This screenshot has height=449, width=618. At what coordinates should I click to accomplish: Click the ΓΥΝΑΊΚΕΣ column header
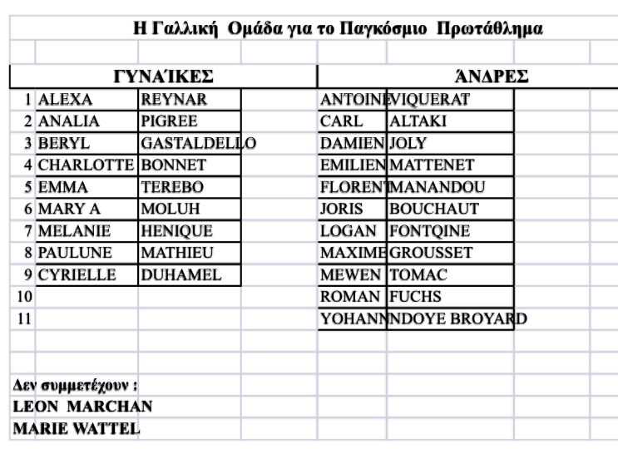(x=163, y=77)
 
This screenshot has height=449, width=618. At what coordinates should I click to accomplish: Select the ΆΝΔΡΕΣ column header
(x=492, y=77)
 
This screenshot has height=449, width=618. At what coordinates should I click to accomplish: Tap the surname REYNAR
(x=174, y=100)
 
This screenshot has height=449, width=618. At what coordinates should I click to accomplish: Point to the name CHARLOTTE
(x=86, y=165)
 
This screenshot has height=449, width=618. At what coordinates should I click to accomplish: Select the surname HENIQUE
(x=176, y=230)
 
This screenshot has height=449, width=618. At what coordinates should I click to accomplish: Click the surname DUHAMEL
(x=181, y=274)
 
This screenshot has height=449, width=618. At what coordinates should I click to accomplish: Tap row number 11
(x=23, y=318)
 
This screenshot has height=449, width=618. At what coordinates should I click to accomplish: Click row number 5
(x=27, y=187)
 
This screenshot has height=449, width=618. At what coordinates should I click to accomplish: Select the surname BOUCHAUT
(x=434, y=209)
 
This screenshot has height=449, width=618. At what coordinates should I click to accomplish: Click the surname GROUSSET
(x=431, y=252)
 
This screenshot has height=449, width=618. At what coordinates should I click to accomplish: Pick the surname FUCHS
(x=415, y=296)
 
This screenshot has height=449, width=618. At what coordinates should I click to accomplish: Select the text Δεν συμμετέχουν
(x=73, y=385)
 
